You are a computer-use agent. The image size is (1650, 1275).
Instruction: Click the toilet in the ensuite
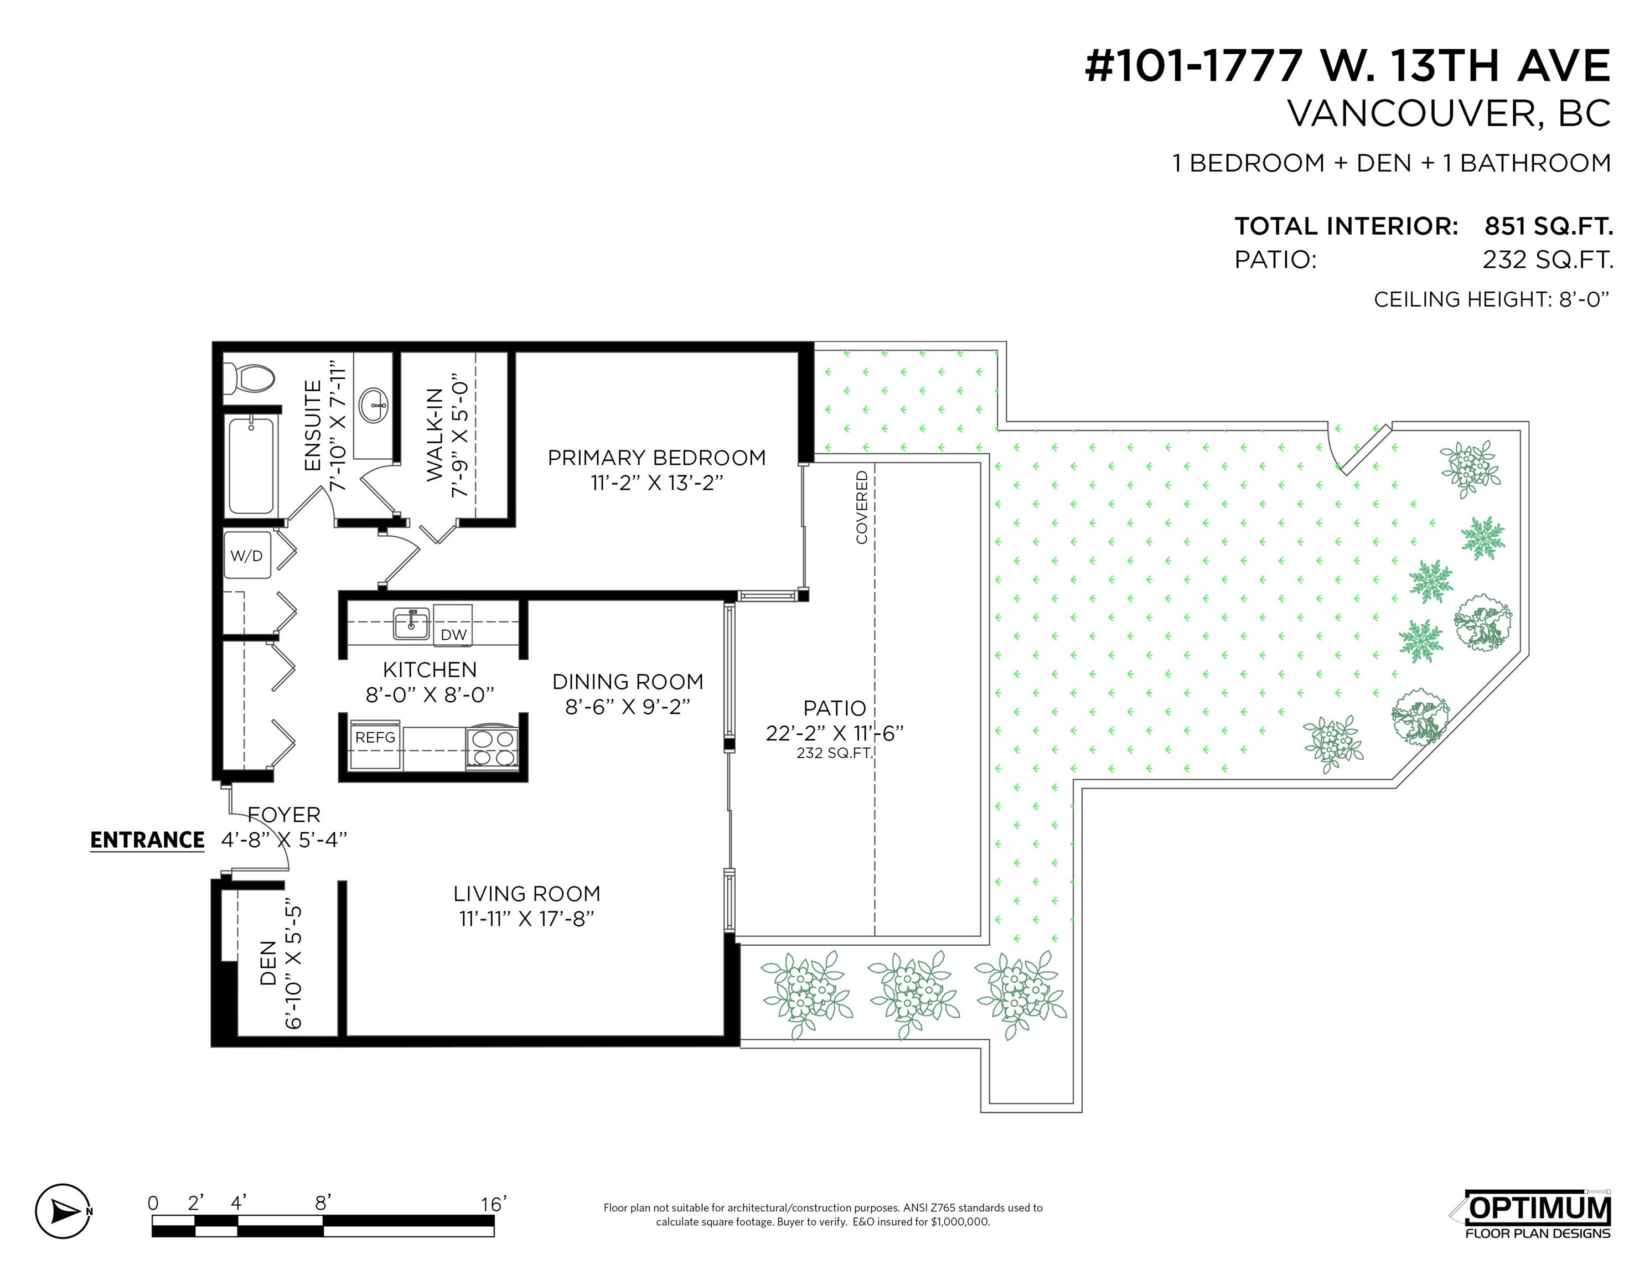click(249, 379)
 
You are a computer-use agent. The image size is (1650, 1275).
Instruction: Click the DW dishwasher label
click(453, 635)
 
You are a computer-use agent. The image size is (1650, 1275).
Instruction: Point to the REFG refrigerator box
click(375, 737)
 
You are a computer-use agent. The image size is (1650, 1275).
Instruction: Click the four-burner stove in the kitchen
click(493, 748)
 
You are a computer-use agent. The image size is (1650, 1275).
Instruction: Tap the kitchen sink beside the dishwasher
click(412, 624)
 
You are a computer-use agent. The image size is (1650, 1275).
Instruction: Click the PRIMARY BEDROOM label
click(656, 458)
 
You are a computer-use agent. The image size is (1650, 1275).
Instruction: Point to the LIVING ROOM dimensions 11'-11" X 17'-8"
click(526, 919)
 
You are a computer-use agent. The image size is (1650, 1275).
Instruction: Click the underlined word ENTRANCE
click(147, 840)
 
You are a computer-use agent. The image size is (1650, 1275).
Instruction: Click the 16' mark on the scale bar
click(493, 1204)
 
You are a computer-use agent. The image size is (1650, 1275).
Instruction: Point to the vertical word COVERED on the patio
click(861, 507)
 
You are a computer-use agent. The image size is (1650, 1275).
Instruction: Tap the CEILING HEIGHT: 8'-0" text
click(1491, 300)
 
